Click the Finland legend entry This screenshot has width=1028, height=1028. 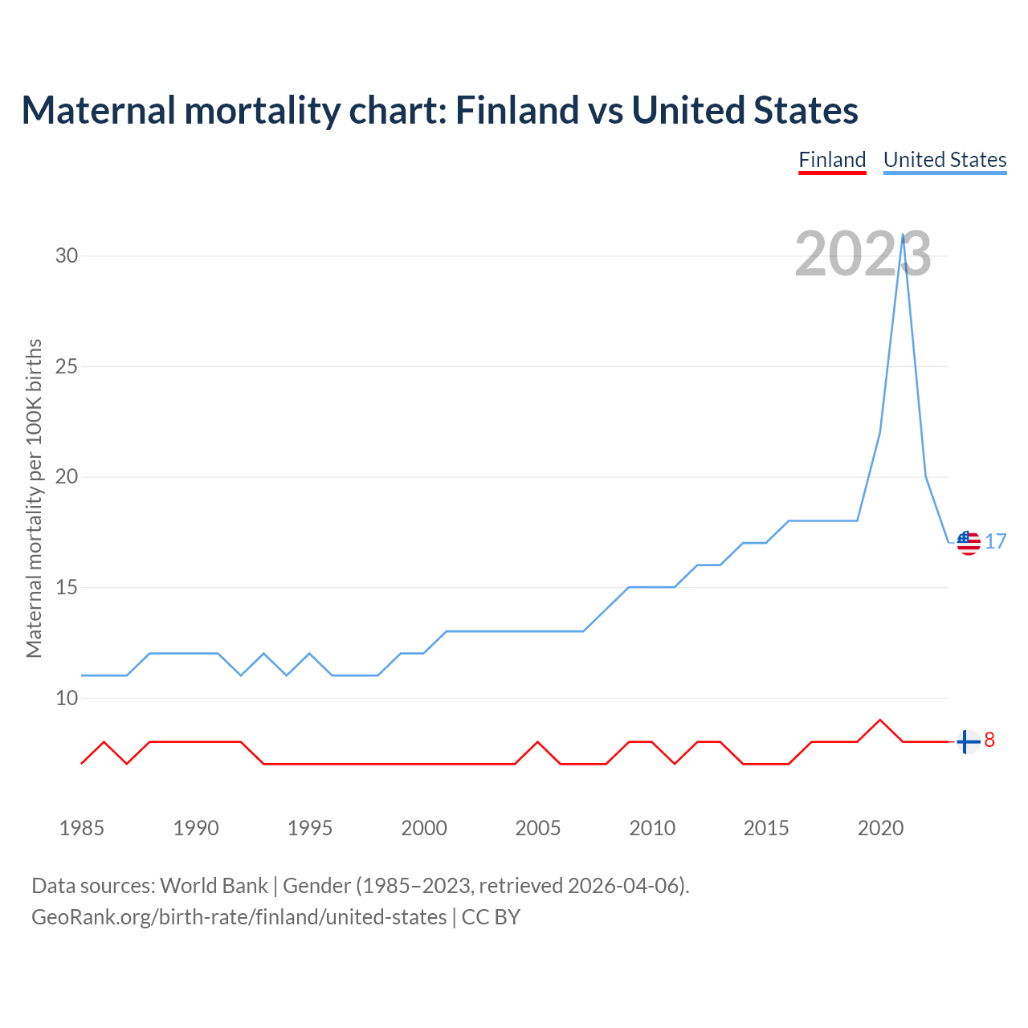coord(832,160)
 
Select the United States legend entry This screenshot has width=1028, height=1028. coord(944,160)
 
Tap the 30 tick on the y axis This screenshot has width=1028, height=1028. coord(67,256)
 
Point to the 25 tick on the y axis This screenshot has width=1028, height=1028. coord(67,367)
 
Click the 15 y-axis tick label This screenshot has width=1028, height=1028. coord(67,588)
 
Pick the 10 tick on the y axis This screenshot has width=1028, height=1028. coord(67,699)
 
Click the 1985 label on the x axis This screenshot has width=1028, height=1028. coord(82,828)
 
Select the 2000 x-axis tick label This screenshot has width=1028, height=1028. coord(424,828)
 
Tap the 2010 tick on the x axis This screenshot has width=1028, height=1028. coord(652,828)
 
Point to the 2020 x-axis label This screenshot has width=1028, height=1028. coord(880,828)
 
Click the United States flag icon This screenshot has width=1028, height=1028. coord(969,543)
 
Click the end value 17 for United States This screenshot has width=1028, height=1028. coord(996,542)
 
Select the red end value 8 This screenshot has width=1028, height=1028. coord(989,740)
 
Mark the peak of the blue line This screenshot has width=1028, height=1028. coord(904,235)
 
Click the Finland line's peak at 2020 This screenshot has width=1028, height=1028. coord(880,720)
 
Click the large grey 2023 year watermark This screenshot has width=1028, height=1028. coord(863,255)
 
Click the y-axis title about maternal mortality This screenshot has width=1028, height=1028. coord(34,498)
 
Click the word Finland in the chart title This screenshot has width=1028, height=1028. coord(516,110)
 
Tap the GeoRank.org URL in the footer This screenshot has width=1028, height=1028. coord(239,917)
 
